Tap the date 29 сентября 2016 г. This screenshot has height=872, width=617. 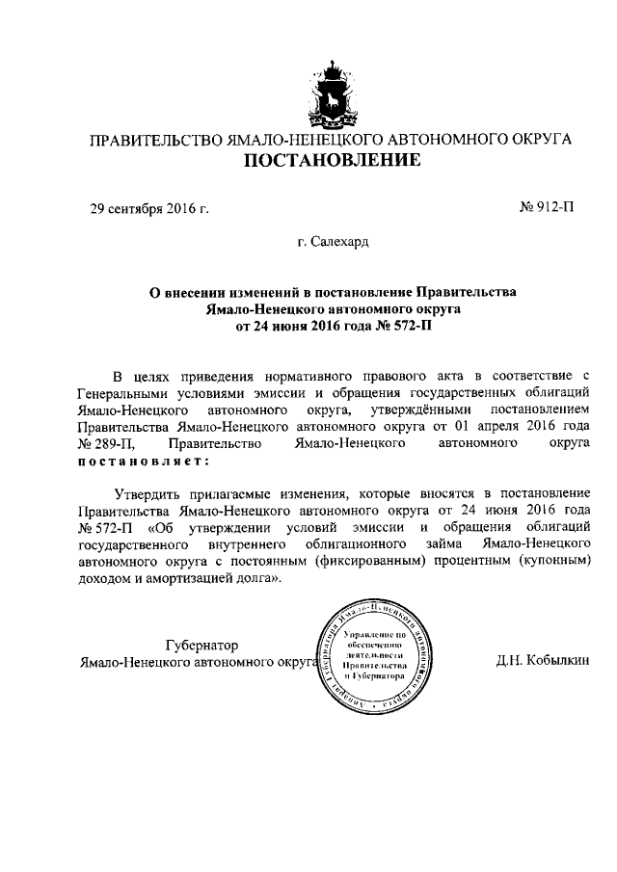point(149,208)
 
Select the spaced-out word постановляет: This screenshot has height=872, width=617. point(134,461)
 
